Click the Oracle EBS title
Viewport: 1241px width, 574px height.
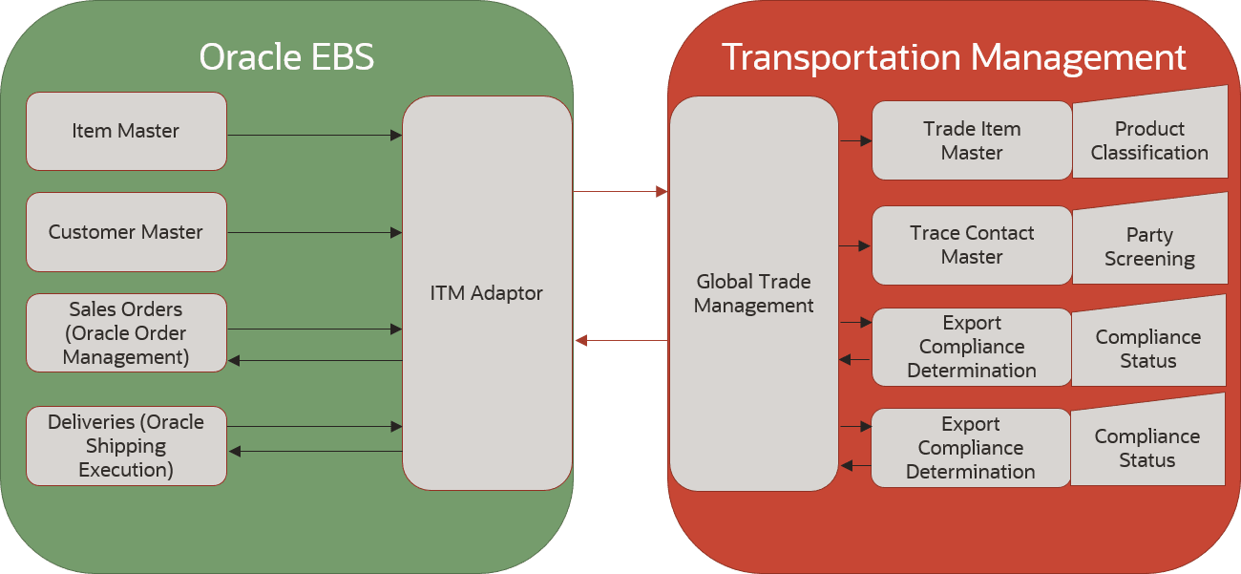click(286, 57)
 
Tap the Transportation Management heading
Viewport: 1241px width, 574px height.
click(954, 58)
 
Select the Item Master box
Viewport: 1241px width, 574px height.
click(126, 131)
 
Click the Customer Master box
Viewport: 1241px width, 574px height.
click(126, 232)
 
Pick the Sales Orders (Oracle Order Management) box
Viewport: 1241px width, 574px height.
click(126, 333)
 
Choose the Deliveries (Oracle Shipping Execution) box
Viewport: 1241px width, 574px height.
click(126, 446)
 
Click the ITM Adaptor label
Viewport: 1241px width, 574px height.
click(487, 293)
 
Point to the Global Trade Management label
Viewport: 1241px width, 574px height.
click(753, 293)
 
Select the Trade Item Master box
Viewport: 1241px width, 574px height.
click(972, 140)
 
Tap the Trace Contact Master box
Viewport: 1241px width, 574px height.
click(972, 245)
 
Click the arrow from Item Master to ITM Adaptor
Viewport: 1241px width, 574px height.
click(315, 136)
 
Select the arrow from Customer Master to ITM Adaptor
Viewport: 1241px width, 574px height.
click(315, 233)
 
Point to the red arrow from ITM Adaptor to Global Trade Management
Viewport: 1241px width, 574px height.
click(620, 192)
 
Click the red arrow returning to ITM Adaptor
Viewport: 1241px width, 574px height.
click(621, 340)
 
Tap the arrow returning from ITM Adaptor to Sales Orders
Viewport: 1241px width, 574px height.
click(315, 361)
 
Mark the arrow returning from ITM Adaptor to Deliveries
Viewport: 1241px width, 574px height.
click(316, 451)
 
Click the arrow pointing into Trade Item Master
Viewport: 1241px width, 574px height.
click(856, 140)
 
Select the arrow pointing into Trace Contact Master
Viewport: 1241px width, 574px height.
click(854, 245)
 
